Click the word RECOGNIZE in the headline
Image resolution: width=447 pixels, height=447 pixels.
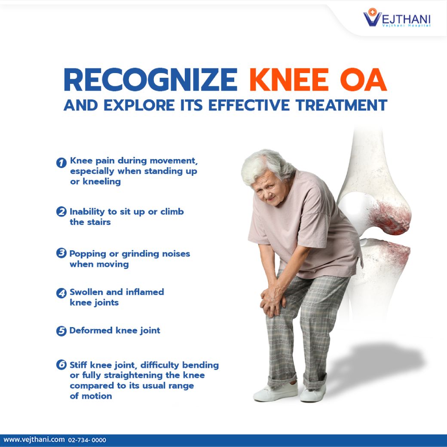(x=150, y=80)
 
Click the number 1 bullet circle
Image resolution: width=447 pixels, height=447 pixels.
(x=61, y=162)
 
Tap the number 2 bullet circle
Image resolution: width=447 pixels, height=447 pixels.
(x=61, y=212)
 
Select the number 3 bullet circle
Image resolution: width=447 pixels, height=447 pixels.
(x=61, y=253)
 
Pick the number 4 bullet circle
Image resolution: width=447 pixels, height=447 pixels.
(x=61, y=293)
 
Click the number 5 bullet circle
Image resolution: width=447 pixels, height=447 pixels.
(x=61, y=331)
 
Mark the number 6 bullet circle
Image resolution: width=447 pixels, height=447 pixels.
(x=61, y=365)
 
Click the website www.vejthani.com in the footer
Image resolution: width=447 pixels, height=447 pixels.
(x=34, y=440)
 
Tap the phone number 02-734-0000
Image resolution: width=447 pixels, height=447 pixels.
(x=87, y=440)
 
